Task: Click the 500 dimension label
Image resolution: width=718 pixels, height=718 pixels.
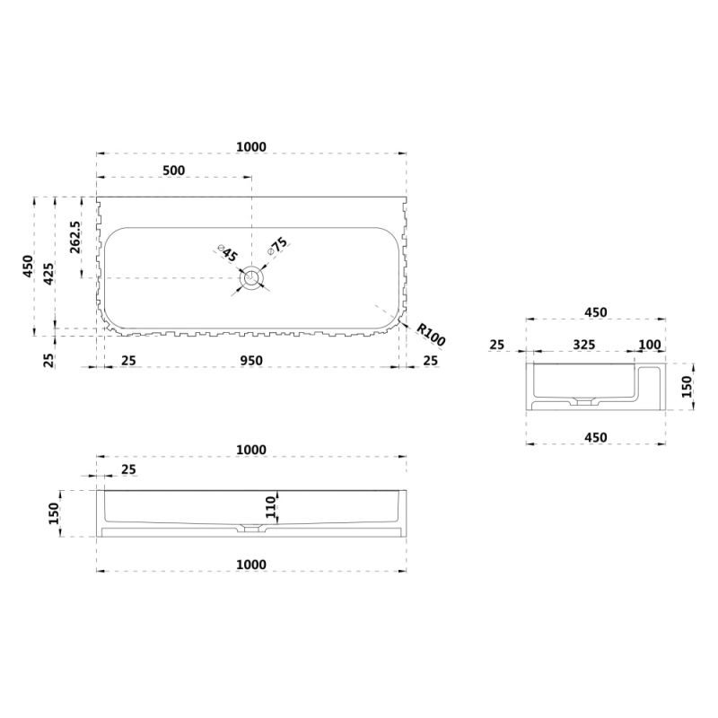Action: (174, 171)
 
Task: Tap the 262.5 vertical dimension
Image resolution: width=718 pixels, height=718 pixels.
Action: (75, 237)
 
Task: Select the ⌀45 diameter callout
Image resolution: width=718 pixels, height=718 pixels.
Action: (228, 253)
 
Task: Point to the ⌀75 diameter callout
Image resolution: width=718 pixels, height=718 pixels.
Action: (278, 246)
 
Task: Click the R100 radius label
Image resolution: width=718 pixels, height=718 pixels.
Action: (431, 334)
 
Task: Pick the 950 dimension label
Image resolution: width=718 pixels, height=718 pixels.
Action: (251, 361)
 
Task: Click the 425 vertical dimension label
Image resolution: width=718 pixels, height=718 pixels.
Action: (48, 274)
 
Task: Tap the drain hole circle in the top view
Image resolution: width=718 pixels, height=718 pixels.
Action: (251, 277)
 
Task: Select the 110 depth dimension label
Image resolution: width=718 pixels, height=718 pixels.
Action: (271, 506)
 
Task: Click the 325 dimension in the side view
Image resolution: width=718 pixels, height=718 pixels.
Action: (584, 345)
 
